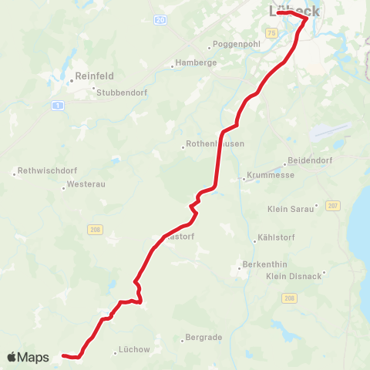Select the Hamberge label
tap(196, 62)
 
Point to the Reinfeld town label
tap(95, 76)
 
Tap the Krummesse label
tap(267, 177)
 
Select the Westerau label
tap(83, 185)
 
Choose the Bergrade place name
tap(204, 338)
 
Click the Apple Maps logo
tap(28, 357)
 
